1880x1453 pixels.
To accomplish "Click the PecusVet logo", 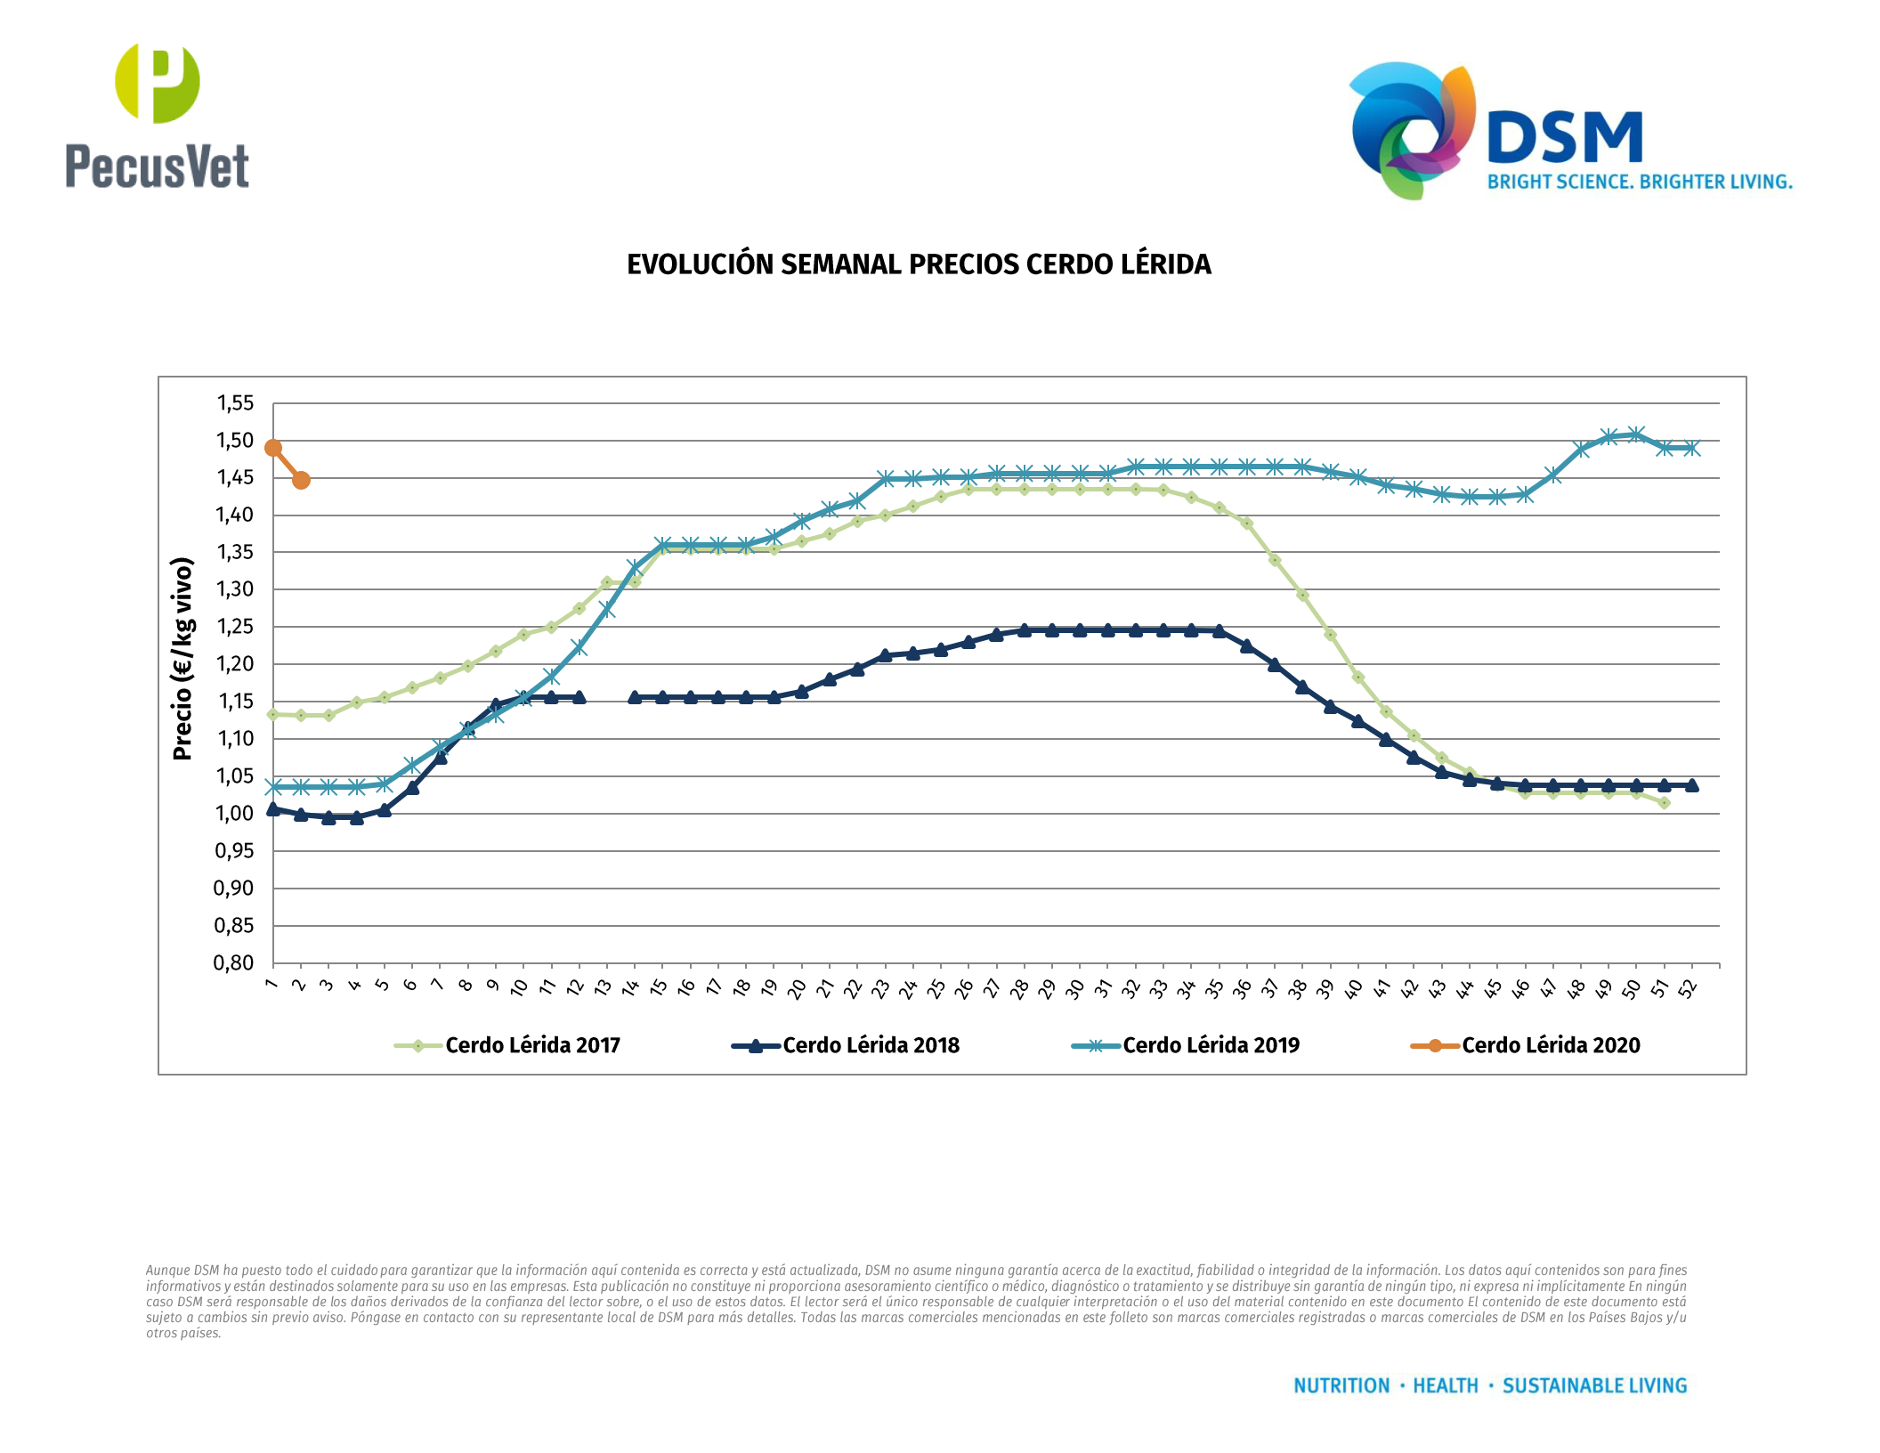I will (157, 116).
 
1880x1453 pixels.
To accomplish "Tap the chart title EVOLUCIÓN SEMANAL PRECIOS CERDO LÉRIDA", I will (919, 264).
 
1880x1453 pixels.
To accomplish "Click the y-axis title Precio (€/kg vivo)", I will (182, 659).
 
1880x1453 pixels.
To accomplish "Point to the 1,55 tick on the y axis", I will (235, 403).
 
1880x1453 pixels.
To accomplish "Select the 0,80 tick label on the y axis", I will (233, 962).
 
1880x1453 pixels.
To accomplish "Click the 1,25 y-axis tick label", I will (235, 627).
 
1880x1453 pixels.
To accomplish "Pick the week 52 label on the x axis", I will (1689, 988).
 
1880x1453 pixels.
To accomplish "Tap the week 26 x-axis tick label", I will (965, 988).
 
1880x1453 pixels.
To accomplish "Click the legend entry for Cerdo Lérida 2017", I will (532, 1045).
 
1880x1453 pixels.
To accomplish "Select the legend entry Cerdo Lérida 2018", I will (871, 1045).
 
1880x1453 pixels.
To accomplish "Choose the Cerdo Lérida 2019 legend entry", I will (1211, 1045).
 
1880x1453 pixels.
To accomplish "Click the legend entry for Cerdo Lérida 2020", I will (1550, 1045).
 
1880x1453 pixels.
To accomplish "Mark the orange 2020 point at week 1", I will (273, 448).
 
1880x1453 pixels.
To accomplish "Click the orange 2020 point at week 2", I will (301, 481).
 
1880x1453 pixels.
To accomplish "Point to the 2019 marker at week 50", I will (1636, 434).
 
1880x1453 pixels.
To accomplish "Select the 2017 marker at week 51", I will (1664, 803).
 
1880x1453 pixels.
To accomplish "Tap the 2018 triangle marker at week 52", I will (1691, 785).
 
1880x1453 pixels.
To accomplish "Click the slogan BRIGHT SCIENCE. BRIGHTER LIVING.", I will (1640, 182).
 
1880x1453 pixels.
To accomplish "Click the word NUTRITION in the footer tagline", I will (1341, 1385).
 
